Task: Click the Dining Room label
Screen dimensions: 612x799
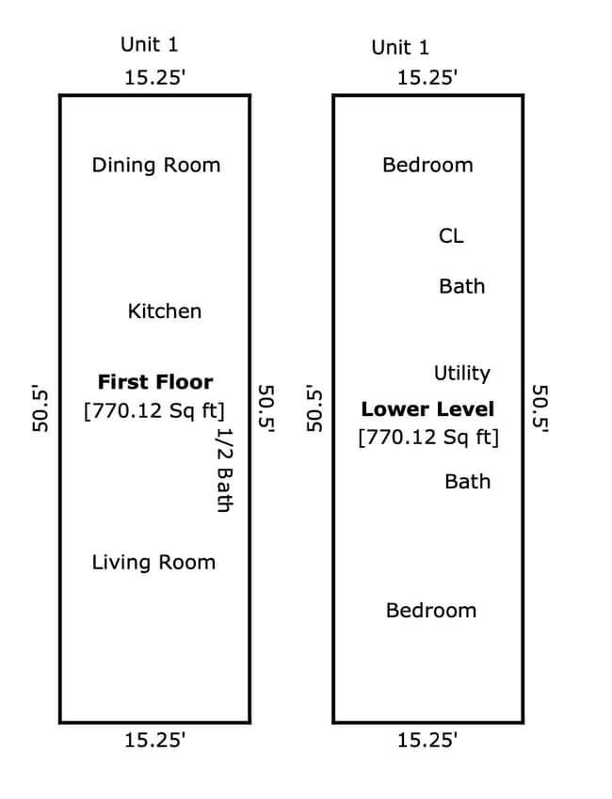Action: point(156,166)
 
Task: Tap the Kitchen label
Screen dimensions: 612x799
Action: point(165,311)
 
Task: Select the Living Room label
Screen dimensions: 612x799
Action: point(153,563)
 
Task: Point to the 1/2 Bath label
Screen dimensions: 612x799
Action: point(224,470)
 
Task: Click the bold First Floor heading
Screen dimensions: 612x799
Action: point(155,382)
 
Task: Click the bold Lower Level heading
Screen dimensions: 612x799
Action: point(427,409)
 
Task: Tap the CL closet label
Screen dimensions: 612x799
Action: point(451,236)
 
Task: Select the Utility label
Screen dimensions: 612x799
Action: point(462,374)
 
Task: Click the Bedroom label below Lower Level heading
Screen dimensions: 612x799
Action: point(431,611)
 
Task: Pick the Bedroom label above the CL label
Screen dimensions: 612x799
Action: point(427,165)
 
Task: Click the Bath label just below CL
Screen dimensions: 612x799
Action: point(462,286)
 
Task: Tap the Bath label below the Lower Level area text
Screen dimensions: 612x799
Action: point(468,482)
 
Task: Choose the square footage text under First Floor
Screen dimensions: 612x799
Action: point(154,410)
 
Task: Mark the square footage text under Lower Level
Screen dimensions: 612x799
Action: point(428,438)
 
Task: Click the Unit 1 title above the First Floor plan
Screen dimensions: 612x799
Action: point(150,45)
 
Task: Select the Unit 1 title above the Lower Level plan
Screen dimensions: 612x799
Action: point(400,48)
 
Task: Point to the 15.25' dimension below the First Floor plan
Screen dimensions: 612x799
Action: point(155,740)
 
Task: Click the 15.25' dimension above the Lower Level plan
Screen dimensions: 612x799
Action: point(427,78)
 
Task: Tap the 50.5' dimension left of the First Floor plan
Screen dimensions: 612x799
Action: point(40,408)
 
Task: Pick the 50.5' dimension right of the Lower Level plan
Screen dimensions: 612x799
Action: point(540,408)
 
